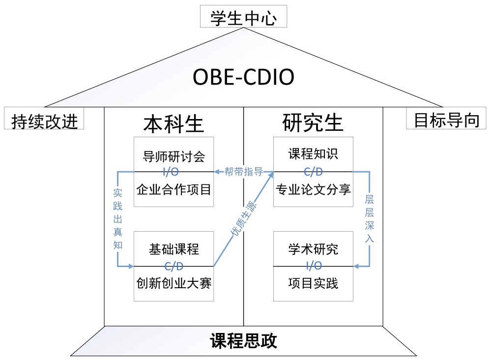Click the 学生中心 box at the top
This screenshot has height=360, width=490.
click(x=243, y=19)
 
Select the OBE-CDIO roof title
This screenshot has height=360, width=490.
click(x=243, y=77)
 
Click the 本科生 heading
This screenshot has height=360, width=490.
click(x=173, y=123)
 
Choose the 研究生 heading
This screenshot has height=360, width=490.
click(x=313, y=122)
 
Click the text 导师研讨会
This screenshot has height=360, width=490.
click(x=173, y=157)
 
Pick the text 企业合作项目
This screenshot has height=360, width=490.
click(x=173, y=189)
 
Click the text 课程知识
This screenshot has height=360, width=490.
click(x=313, y=154)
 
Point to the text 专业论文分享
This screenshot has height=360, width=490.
click(x=313, y=189)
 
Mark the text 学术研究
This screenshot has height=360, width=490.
click(x=313, y=249)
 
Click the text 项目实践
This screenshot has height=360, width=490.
click(x=313, y=283)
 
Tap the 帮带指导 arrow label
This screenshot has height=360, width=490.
click(x=243, y=172)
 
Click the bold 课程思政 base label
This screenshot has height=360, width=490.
click(x=243, y=341)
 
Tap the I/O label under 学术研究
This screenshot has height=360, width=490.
click(x=314, y=266)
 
